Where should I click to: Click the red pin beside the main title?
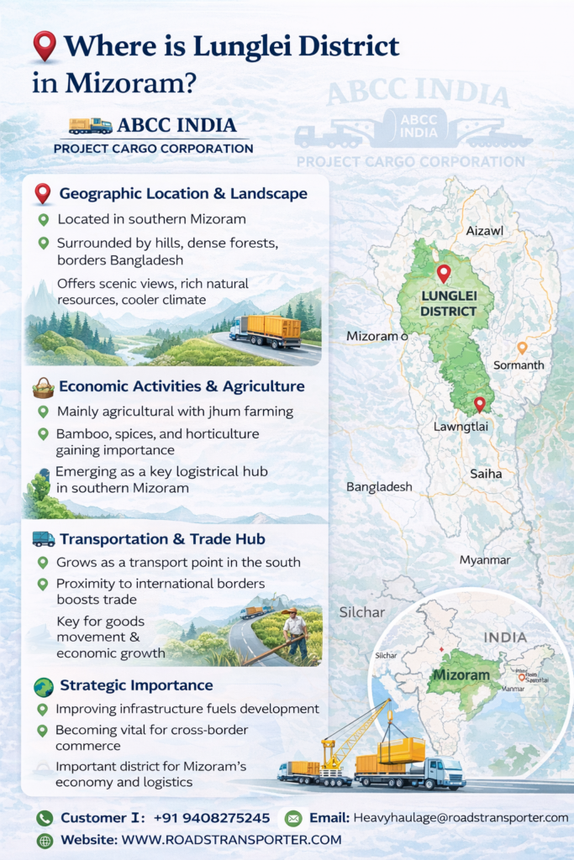point(44,46)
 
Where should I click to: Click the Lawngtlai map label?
point(461,427)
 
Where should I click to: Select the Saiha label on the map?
point(485,474)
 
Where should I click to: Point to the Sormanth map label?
point(519,365)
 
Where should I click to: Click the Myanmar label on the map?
point(485,559)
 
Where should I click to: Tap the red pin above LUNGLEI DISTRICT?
point(444,273)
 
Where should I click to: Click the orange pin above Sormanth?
point(522,347)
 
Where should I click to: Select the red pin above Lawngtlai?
point(479,404)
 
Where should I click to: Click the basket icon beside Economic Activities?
point(42,387)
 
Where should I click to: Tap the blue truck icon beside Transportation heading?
point(43,538)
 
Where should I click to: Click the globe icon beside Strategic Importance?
point(43,685)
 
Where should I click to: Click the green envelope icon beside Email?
point(293,817)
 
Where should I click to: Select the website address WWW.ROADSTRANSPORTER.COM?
point(232,840)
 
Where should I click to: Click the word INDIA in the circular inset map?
point(506,637)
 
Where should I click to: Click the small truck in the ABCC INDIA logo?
point(91,126)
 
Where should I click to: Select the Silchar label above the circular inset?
point(362,612)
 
